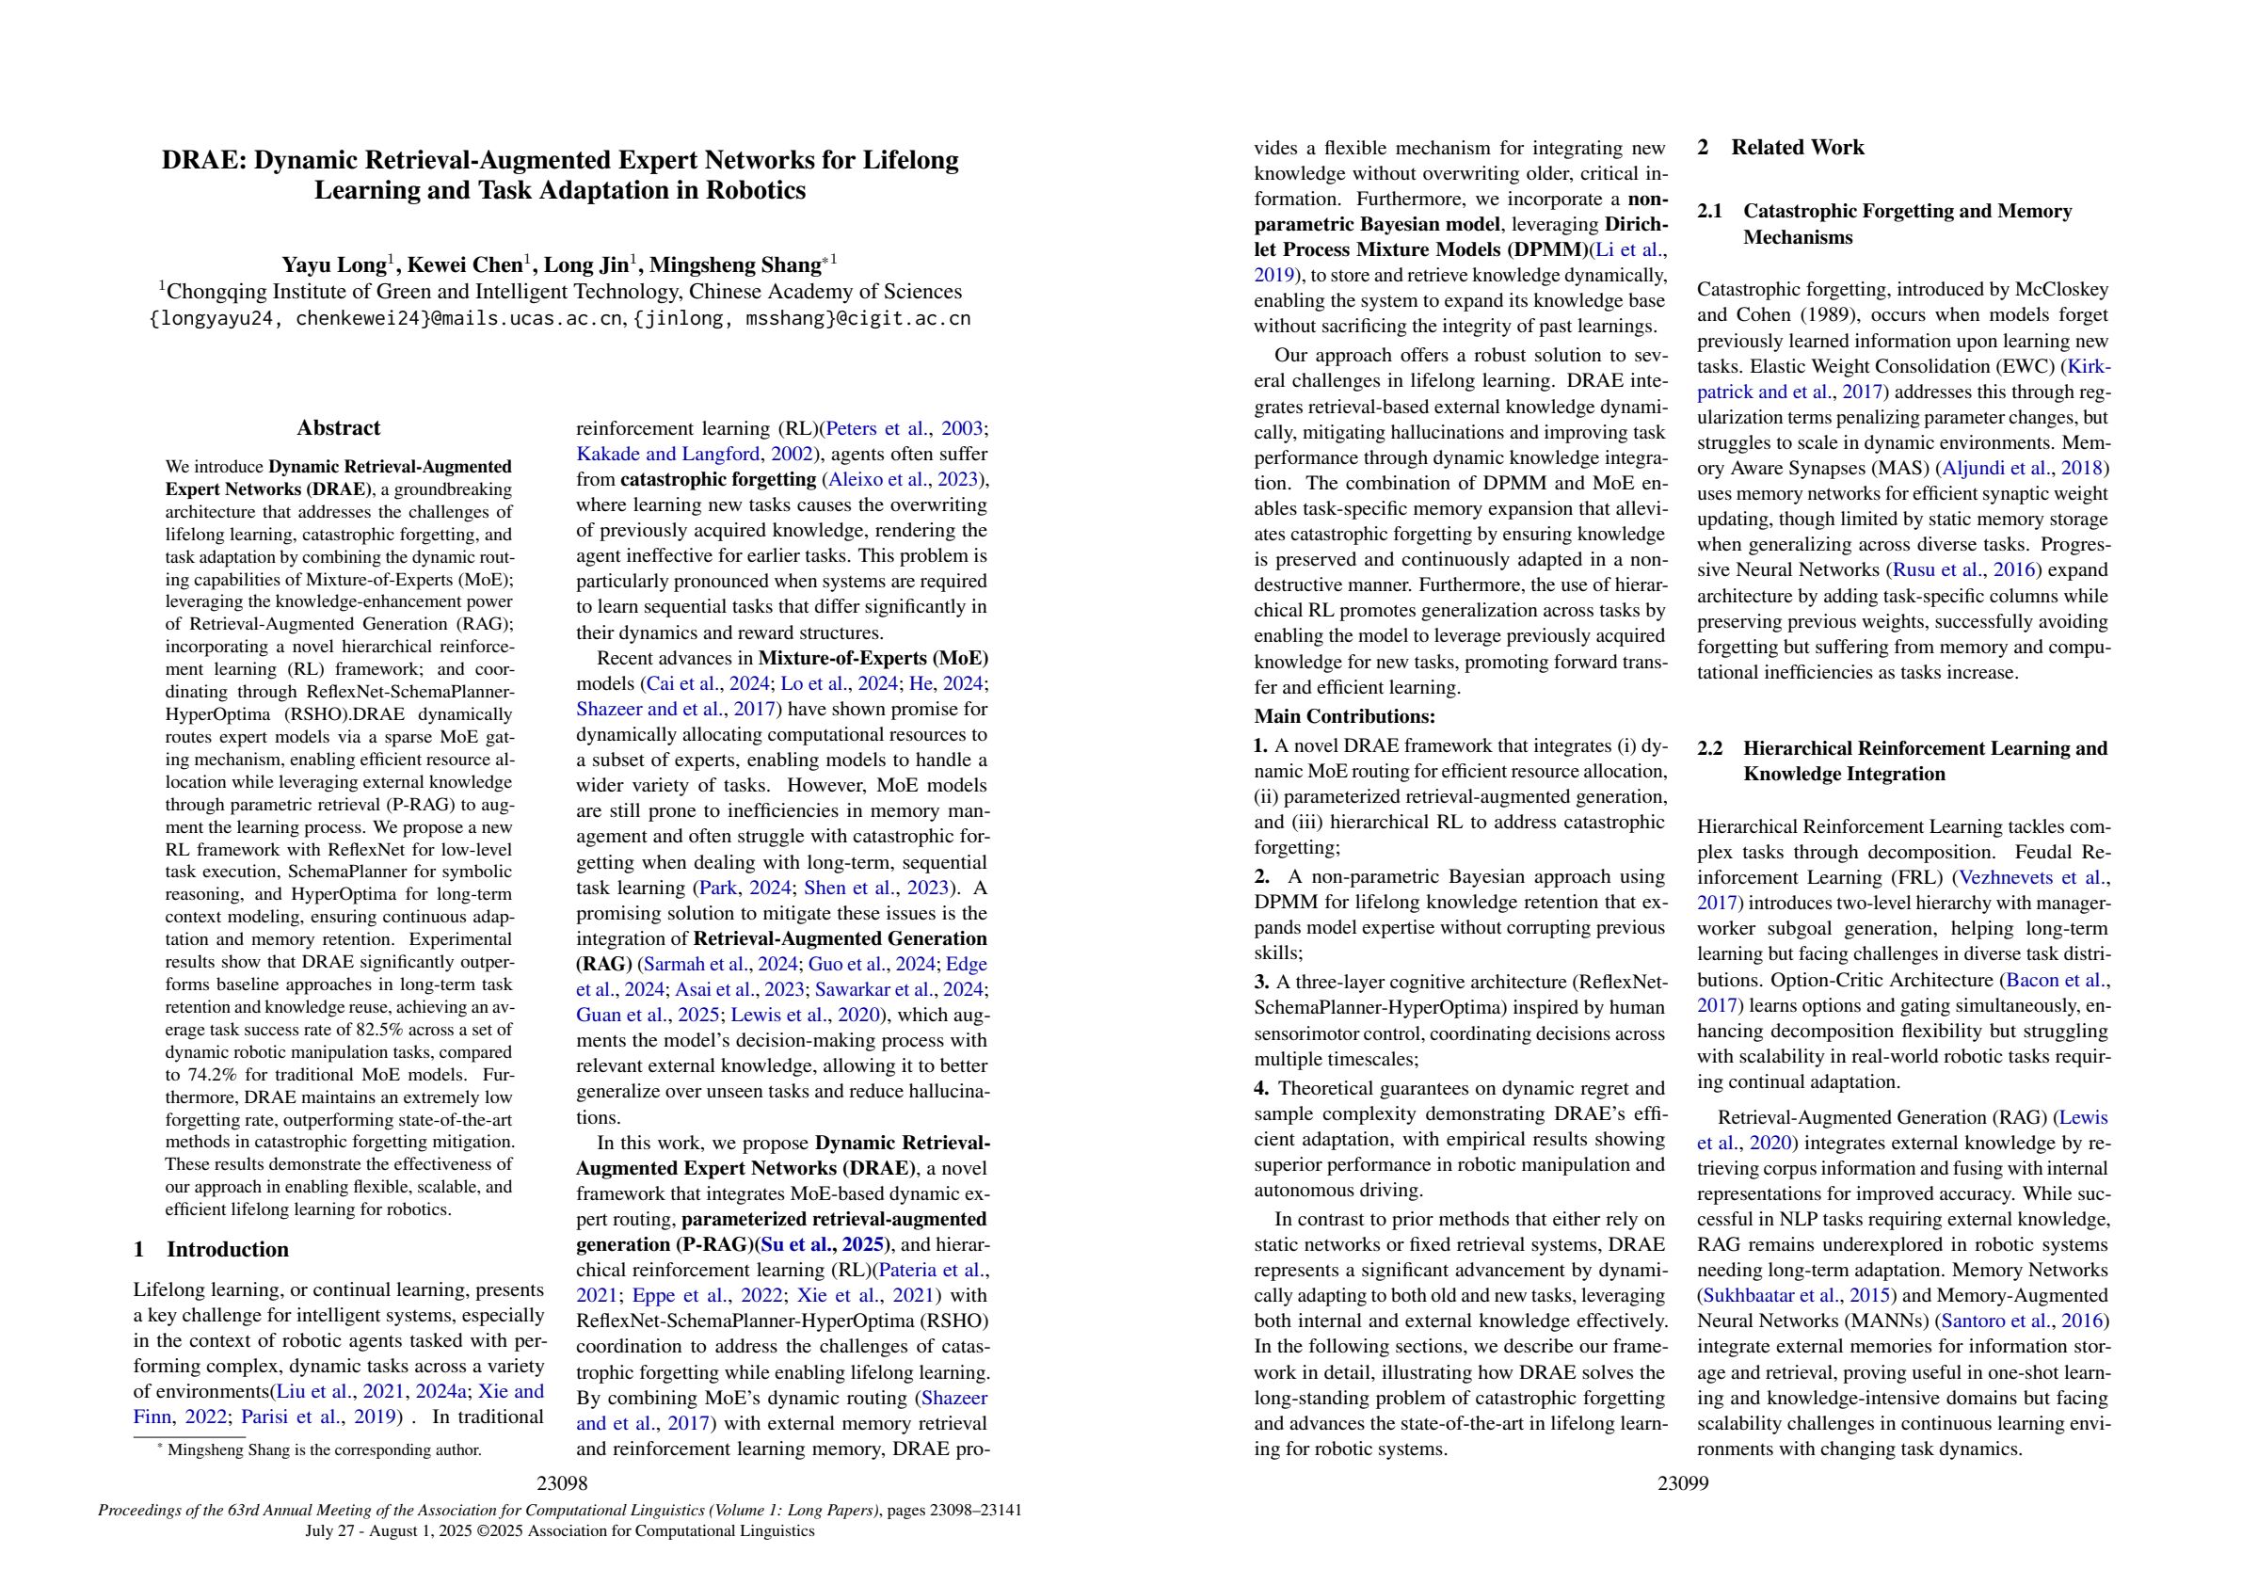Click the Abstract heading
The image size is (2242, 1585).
pyautogui.click(x=338, y=427)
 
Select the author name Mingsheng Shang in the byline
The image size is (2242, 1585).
pyautogui.click(x=734, y=264)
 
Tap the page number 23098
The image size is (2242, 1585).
pyautogui.click(x=562, y=1484)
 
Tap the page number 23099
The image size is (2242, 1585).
pyautogui.click(x=1683, y=1484)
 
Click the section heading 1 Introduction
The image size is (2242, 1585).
pyautogui.click(x=211, y=1249)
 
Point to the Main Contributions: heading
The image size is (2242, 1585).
pyautogui.click(x=1345, y=717)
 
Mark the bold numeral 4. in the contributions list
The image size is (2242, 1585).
pyautogui.click(x=1262, y=1088)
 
